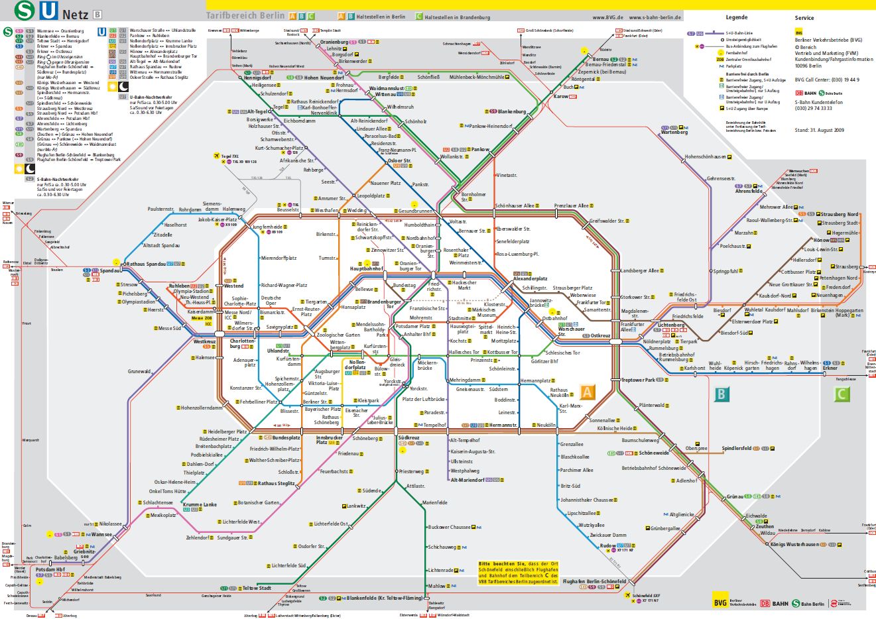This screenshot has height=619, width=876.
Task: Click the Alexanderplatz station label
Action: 531,279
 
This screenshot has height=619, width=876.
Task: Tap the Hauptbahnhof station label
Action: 367,269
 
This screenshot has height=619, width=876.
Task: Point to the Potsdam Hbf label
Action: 50,569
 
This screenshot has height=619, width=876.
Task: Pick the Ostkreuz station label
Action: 600,336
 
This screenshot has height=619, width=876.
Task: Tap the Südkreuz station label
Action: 408,438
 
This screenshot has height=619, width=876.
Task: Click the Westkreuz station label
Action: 204,341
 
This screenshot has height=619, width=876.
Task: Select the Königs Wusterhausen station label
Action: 794,544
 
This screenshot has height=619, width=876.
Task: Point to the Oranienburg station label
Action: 334,42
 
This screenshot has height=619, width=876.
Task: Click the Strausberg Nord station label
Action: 839,214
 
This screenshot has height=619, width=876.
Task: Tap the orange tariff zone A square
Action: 587,392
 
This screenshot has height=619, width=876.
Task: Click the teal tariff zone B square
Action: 721,395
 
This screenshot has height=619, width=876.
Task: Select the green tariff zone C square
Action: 842,395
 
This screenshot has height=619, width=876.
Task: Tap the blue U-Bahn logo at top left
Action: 49,11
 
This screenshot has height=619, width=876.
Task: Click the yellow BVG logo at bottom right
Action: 720,602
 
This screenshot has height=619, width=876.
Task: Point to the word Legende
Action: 736,17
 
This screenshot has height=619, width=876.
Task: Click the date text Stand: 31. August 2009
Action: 819,130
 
